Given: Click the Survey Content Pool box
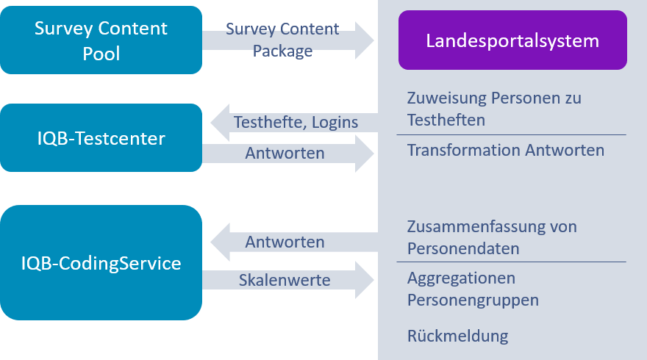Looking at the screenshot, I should [101, 40].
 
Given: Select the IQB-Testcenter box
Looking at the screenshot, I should [101, 137].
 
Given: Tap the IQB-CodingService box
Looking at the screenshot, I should [101, 262].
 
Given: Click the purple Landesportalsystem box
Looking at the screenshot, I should [512, 40].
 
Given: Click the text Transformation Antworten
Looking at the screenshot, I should [505, 151].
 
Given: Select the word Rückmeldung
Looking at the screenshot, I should [457, 336].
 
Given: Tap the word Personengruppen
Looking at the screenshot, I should [473, 300].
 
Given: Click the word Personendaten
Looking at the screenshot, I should [463, 248].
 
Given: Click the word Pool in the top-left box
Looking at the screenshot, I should [101, 53].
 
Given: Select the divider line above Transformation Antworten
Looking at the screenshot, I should [511, 135].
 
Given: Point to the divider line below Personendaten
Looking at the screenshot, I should [511, 262].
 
